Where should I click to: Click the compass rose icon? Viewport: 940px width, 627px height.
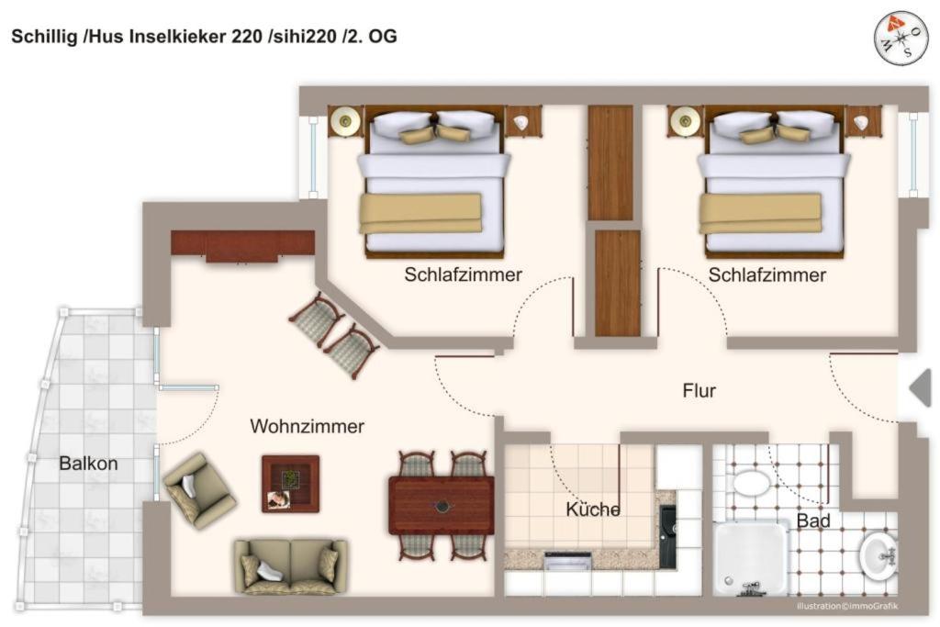click(901, 39)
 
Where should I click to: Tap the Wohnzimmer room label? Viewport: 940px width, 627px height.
click(307, 426)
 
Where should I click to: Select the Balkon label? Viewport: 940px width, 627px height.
click(88, 464)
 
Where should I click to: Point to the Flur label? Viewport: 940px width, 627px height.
click(699, 391)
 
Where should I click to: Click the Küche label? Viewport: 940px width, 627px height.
click(593, 509)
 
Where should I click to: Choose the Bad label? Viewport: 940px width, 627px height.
click(813, 521)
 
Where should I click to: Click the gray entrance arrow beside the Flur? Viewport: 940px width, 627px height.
click(920, 388)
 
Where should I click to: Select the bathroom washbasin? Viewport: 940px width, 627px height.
click(878, 555)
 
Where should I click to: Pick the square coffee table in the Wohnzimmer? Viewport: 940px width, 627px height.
click(291, 484)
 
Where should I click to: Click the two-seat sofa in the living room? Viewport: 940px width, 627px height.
click(290, 566)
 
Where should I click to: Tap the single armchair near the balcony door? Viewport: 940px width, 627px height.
click(199, 491)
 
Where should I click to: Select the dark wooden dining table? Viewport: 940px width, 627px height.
click(442, 505)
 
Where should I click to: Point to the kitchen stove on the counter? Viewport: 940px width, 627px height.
click(567, 561)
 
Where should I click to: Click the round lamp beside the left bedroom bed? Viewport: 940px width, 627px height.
click(345, 122)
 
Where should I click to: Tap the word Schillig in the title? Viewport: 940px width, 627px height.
click(44, 37)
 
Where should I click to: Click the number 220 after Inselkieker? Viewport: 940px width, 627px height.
click(246, 37)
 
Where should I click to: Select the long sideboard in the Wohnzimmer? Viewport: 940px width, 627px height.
click(242, 246)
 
